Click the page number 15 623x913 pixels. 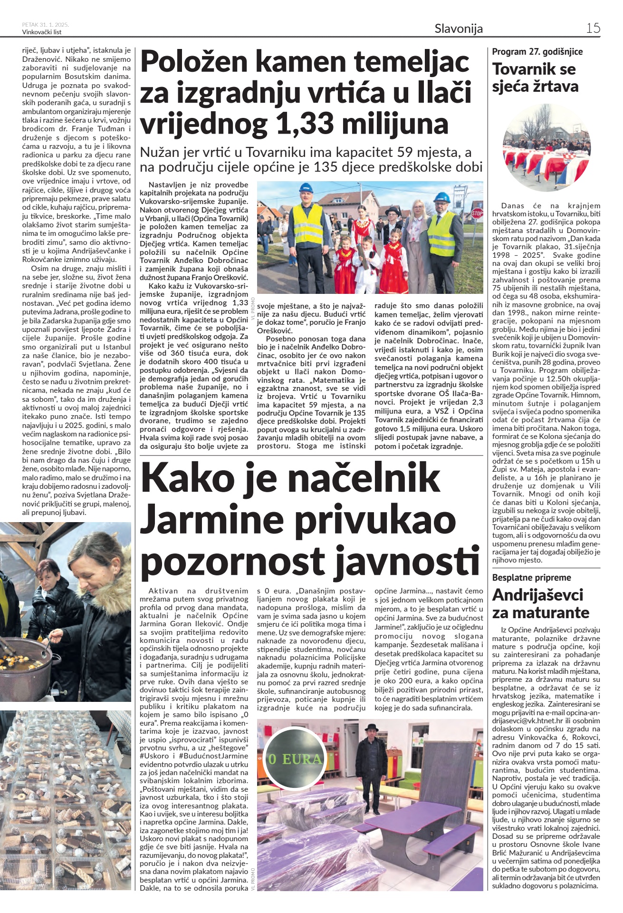tap(593, 28)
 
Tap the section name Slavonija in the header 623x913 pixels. tap(458, 29)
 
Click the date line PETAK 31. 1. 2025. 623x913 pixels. tap(46, 25)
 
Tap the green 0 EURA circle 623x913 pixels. tap(295, 758)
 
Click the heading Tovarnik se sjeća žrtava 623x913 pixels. tap(536, 78)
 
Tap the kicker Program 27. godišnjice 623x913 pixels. tap(537, 51)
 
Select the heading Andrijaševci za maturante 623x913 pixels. tap(540, 603)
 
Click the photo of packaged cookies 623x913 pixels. tap(66, 799)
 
